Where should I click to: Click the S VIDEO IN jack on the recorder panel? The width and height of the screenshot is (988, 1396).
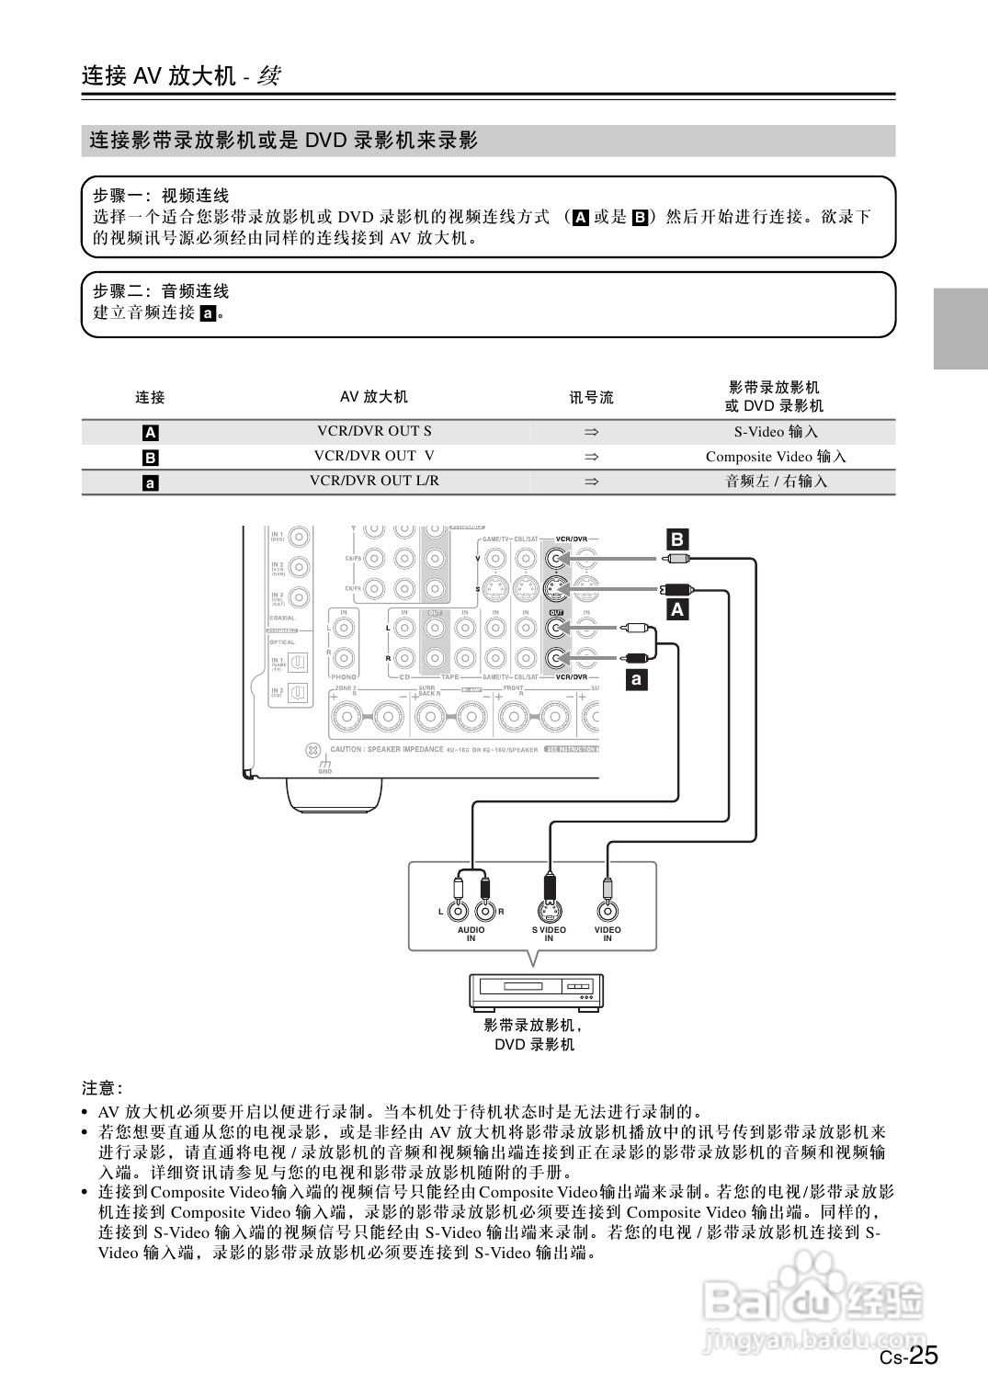[549, 911]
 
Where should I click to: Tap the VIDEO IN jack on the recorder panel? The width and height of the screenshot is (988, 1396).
[607, 911]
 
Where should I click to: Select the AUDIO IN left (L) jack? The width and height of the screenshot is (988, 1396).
[459, 911]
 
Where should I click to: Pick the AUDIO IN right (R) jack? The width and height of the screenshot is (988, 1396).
[484, 911]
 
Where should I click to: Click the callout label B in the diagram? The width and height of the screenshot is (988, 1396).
[676, 539]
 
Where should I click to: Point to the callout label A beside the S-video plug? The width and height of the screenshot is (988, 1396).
[677, 608]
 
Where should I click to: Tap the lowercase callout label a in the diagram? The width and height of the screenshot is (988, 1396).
[636, 679]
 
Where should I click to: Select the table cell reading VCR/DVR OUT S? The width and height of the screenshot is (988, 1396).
[374, 431]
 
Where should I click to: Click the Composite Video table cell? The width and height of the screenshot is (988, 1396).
[776, 456]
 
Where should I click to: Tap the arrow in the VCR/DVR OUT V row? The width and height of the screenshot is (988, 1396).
[592, 456]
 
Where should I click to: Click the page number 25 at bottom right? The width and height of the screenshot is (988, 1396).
[924, 1356]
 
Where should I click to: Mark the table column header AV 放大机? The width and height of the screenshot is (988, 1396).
[374, 397]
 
